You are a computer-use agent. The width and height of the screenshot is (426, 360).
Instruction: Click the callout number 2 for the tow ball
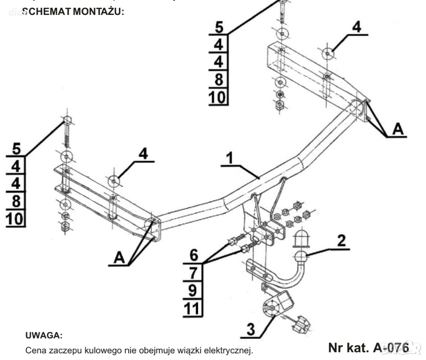[341, 240]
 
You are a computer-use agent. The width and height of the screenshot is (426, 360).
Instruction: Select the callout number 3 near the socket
[250, 329]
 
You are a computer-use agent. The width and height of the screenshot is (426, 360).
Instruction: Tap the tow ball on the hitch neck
[301, 258]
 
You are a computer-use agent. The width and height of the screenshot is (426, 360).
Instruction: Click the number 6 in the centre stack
[193, 254]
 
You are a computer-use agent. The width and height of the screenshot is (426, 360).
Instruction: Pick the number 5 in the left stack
[16, 148]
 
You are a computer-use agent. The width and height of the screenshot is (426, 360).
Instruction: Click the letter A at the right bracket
[398, 130]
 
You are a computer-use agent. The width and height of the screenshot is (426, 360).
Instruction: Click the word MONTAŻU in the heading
[98, 12]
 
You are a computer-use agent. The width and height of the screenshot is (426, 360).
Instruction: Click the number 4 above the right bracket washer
[356, 27]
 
